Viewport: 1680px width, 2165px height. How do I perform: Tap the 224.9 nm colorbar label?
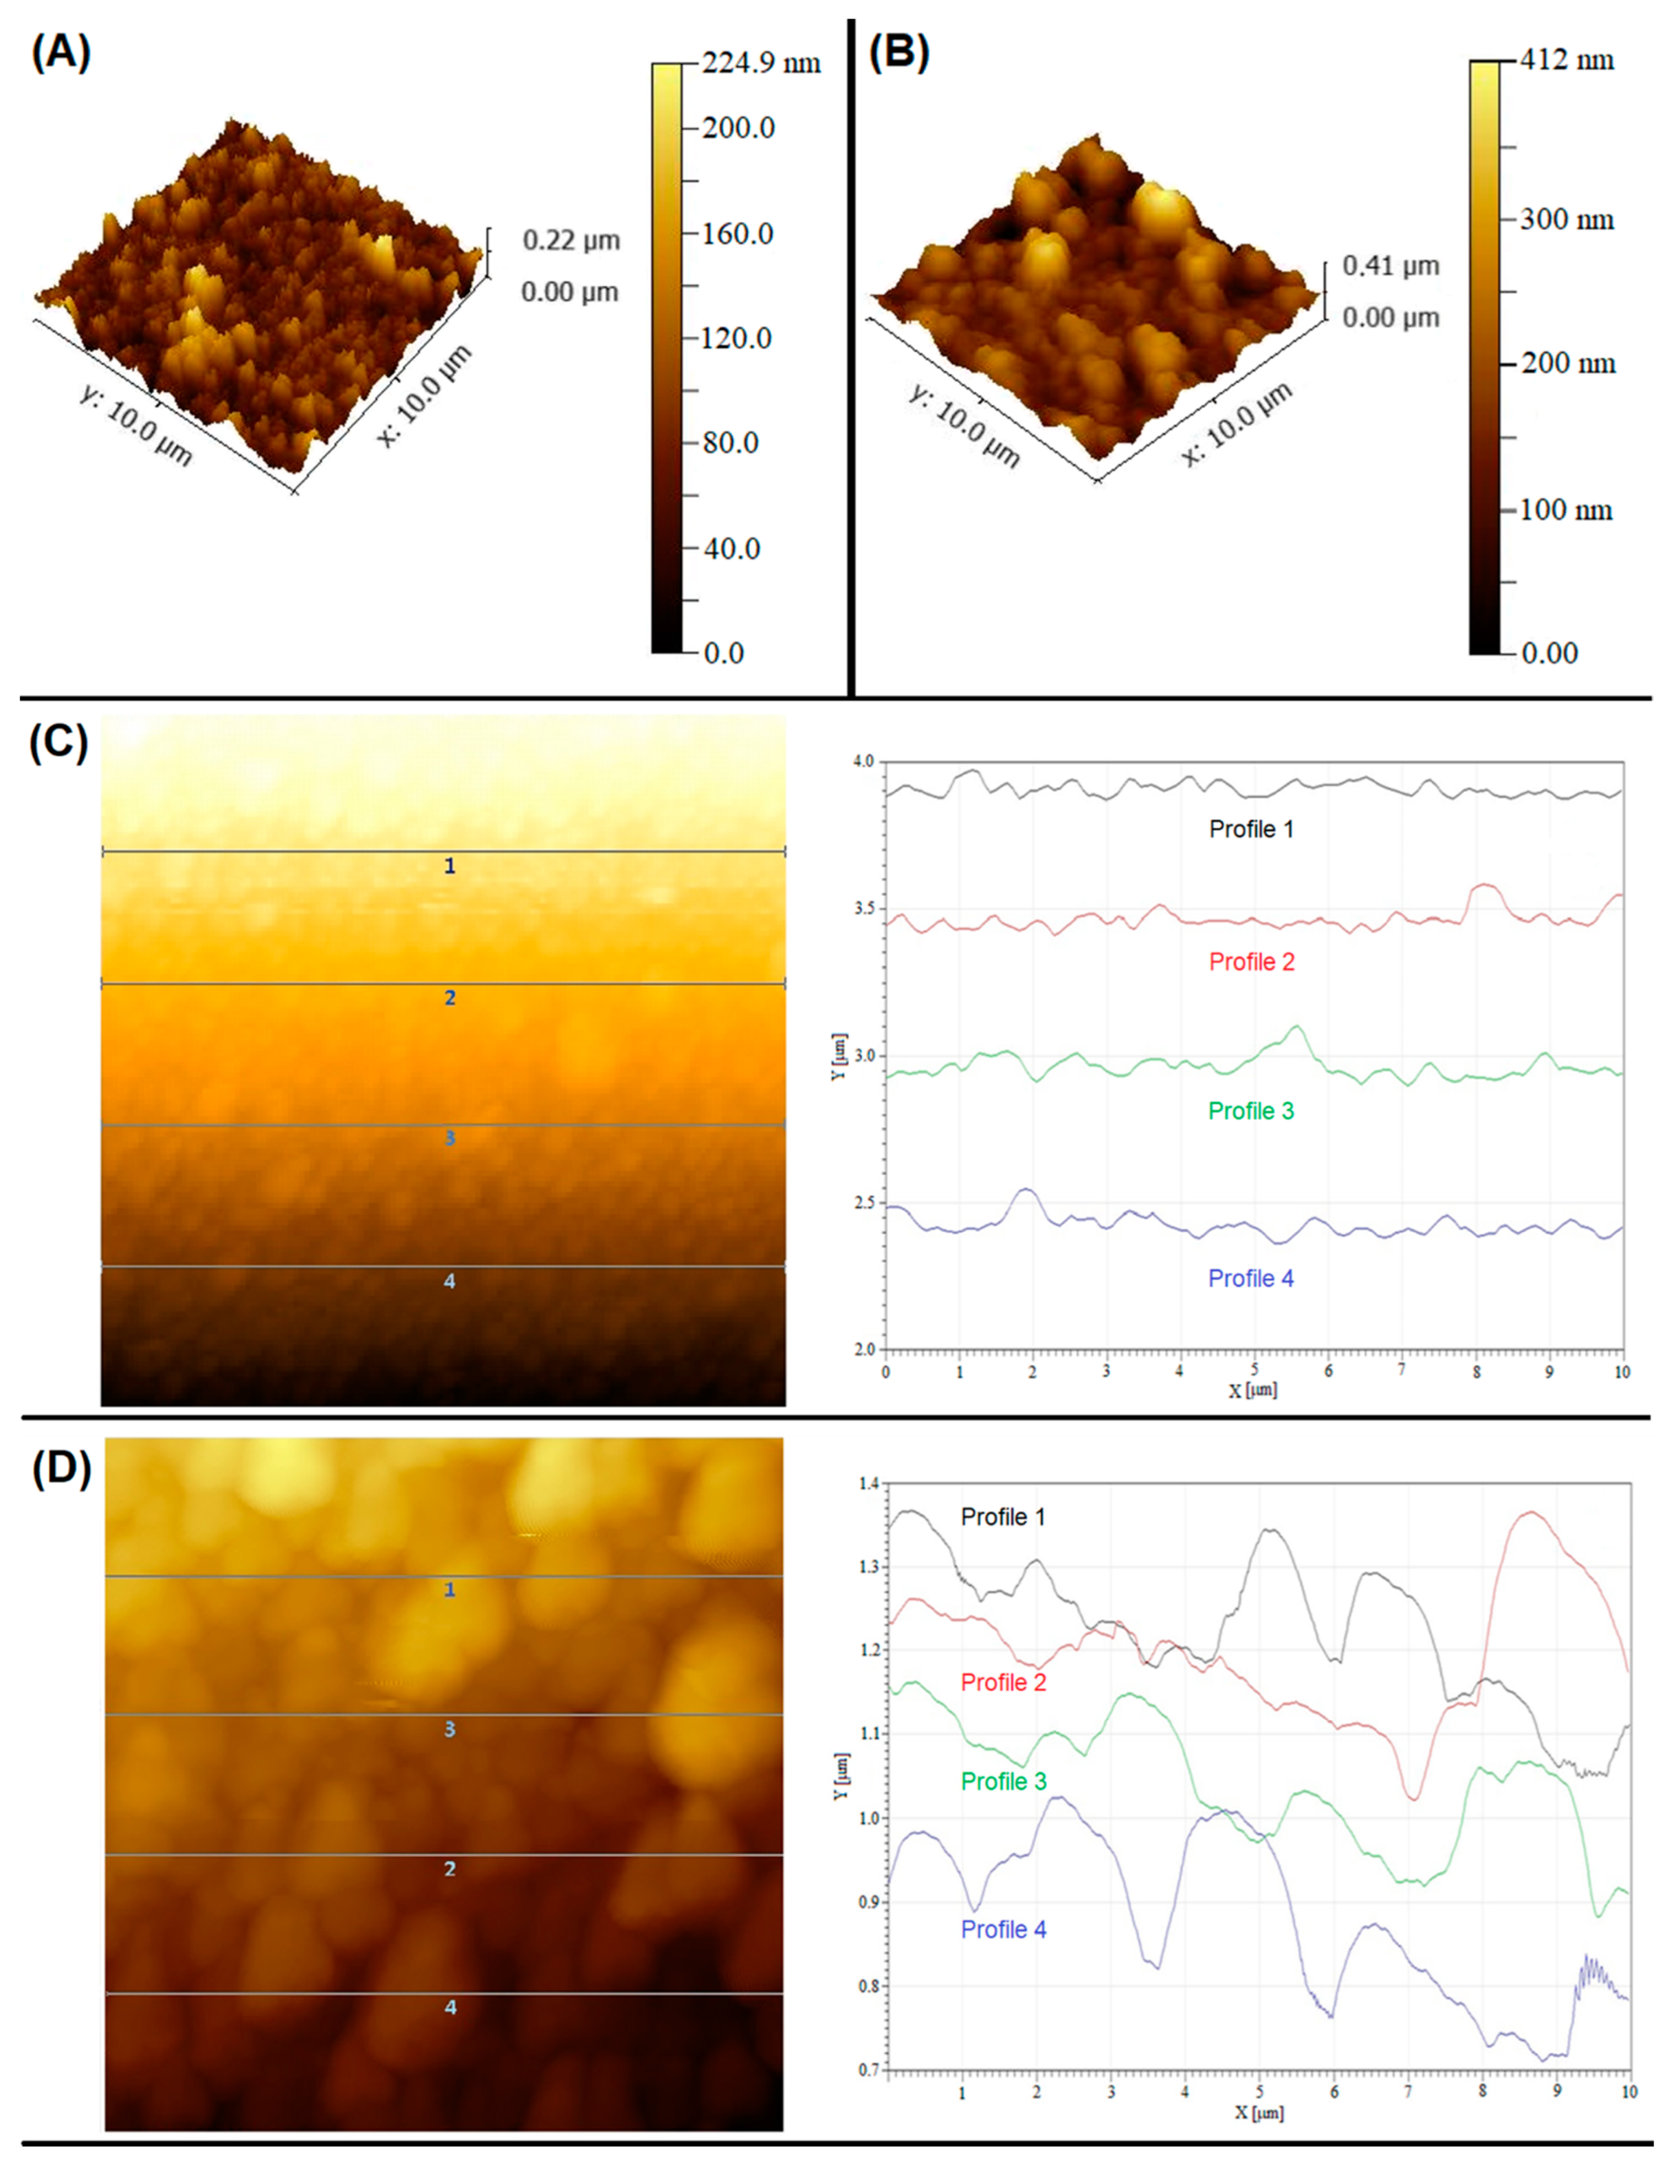pos(760,63)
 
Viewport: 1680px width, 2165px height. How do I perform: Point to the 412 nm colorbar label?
pos(1566,61)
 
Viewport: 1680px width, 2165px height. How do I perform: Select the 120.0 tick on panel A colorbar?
pos(738,338)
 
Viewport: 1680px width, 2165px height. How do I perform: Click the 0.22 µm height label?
pos(571,240)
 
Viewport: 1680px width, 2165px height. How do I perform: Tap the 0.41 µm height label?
pos(1391,266)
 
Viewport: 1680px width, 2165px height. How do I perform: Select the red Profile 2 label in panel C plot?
pos(1251,962)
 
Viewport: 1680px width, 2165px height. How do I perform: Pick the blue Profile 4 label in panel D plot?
pos(1003,1929)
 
